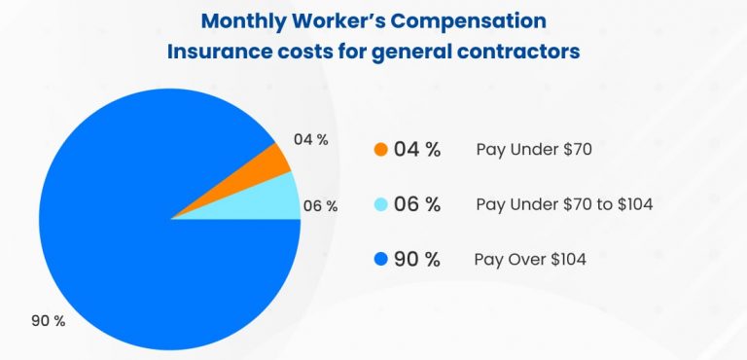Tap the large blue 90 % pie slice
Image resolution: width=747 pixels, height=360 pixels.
coord(136,243)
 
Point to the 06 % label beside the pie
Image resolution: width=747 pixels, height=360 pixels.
coord(320,206)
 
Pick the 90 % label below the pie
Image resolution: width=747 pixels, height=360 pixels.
coord(47,321)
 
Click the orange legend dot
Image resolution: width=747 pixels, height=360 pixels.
coord(380,150)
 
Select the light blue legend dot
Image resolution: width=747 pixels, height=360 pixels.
coord(380,204)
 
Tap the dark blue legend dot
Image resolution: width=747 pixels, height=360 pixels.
coord(380,259)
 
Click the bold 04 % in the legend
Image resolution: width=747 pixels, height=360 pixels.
coord(417,150)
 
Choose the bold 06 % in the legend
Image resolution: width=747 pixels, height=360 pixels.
coord(417,204)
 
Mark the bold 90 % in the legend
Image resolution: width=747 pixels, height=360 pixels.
coord(417,259)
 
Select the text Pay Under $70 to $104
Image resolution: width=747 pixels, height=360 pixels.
coord(564,204)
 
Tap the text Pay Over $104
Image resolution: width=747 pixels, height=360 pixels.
coord(529,259)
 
